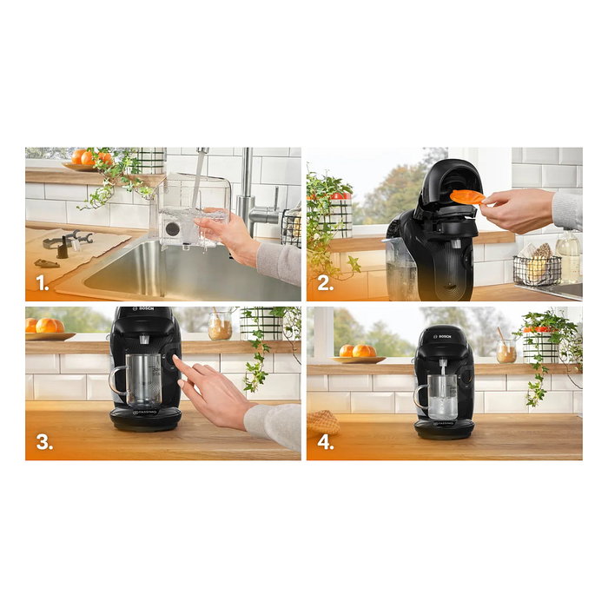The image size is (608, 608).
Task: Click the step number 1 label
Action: (41, 283)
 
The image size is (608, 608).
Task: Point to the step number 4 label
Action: (323, 442)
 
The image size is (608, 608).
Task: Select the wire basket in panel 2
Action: (537, 269)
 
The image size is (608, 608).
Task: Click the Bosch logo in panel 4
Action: (444, 332)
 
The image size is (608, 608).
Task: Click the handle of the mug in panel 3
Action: (116, 383)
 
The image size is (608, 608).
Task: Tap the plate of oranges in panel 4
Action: (357, 352)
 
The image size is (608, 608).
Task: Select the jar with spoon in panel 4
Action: (506, 350)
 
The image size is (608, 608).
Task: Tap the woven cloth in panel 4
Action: (322, 423)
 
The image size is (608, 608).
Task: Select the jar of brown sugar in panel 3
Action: (221, 327)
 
